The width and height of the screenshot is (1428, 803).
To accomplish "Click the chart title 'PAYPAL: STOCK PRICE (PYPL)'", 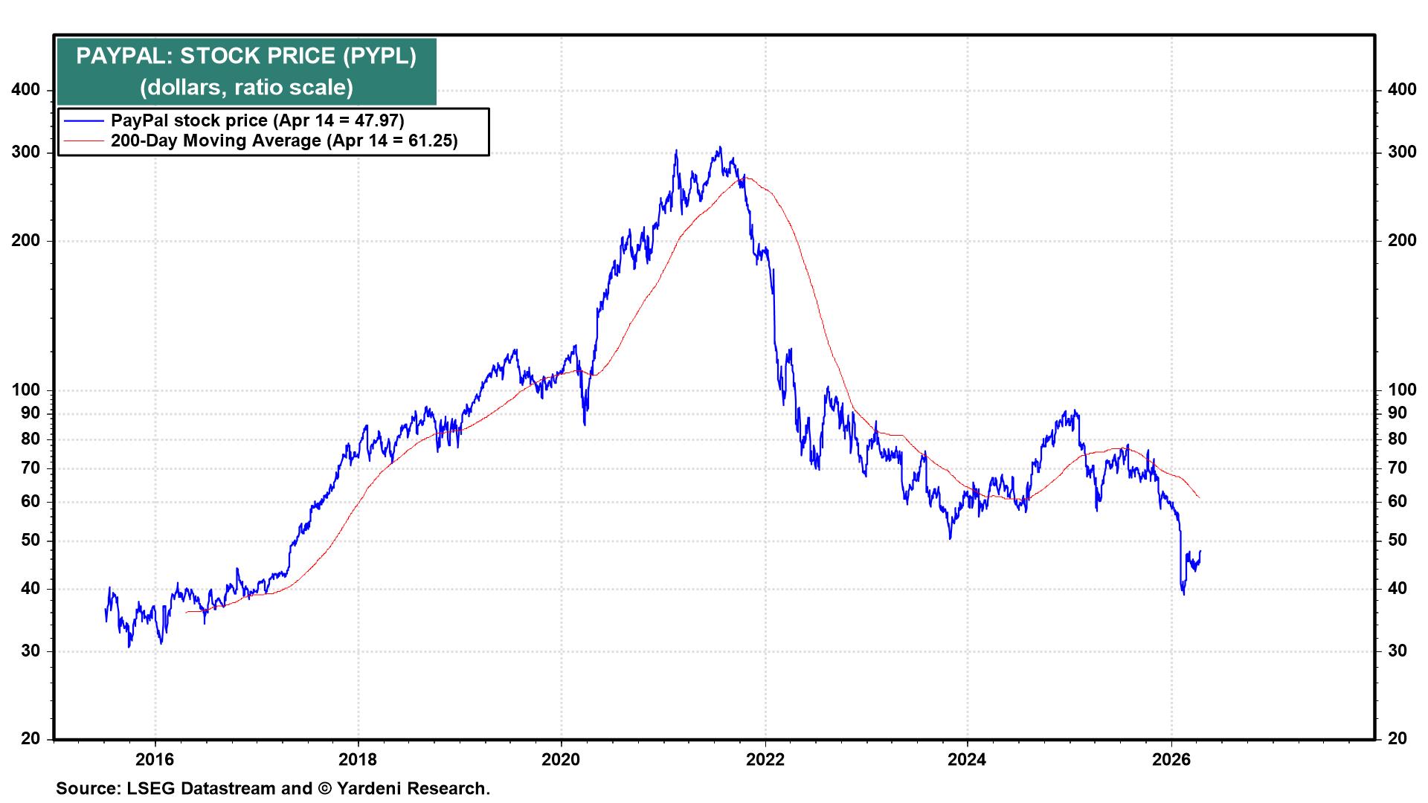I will [246, 57].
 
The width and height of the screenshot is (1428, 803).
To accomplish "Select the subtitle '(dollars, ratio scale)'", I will [246, 88].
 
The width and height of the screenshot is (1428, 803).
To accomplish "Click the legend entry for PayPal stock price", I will [257, 120].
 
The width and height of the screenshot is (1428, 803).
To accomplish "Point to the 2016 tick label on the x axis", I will [155, 760].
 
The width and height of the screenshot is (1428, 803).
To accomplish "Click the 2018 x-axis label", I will [358, 760].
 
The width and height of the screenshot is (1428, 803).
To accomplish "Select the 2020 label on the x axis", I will [562, 760].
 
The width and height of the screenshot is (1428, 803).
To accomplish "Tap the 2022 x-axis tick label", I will [765, 760].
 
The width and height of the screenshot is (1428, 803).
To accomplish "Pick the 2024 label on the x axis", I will [968, 760].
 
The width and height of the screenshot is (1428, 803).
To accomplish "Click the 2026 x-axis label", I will [1171, 760].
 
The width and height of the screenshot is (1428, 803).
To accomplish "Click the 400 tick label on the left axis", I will [27, 90].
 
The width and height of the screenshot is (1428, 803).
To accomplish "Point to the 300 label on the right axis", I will [1402, 152].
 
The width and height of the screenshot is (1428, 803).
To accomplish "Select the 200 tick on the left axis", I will [27, 241].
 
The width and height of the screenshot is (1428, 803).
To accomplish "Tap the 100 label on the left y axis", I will [27, 390].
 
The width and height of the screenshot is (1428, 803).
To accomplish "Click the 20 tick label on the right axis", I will [1398, 739].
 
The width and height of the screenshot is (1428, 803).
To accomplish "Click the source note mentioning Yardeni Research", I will [273, 789].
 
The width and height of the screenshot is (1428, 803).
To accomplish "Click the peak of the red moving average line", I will [746, 177].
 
